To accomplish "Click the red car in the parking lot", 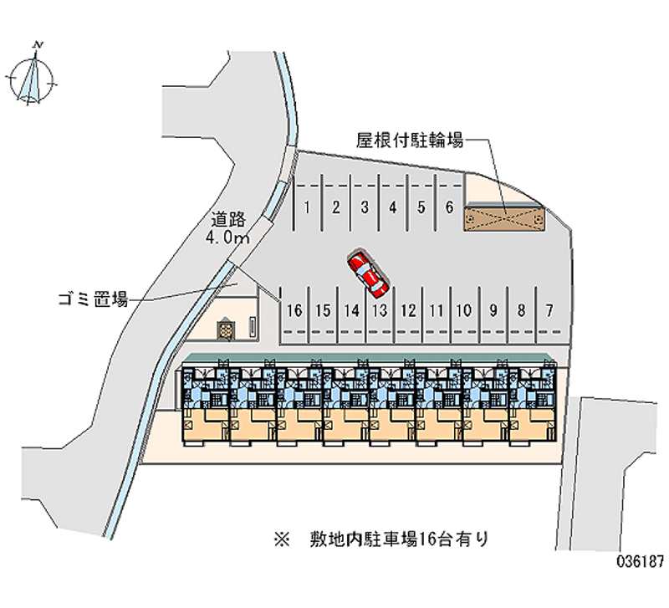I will click(366, 273).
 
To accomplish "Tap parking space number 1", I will click(308, 207).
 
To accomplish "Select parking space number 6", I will click(449, 207).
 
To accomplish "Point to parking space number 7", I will click(549, 310).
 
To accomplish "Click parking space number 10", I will click(463, 310).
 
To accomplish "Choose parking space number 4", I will click(392, 207).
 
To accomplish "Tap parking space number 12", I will click(408, 310).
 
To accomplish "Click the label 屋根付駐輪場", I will click(410, 141).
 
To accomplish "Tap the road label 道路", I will click(227, 220).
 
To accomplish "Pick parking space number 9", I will click(493, 310).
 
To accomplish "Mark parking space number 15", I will click(323, 310).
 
